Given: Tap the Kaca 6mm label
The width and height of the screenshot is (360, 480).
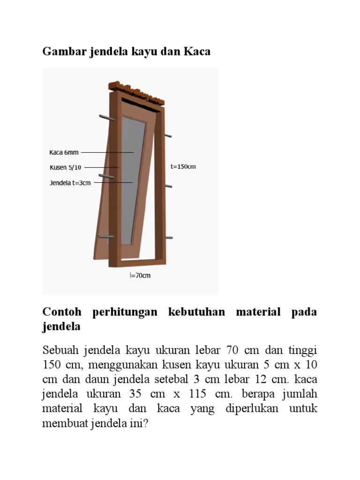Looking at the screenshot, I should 64,152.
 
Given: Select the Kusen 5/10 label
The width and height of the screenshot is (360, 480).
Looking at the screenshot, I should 65,167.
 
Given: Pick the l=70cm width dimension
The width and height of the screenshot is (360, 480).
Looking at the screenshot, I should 140,276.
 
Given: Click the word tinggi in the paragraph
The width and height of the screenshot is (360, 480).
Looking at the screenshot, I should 302,350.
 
